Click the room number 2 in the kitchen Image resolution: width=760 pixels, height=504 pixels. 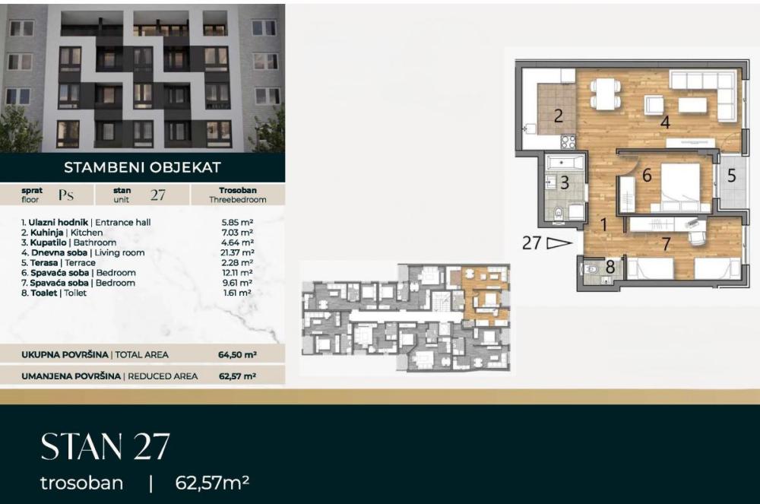click(558, 116)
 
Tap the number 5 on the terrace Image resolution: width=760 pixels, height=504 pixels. click(731, 176)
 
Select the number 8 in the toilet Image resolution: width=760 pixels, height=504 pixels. click(610, 268)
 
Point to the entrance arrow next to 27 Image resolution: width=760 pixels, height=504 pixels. click(559, 243)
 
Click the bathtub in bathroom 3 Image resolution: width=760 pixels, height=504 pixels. click(564, 162)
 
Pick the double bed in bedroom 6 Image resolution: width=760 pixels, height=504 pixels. click(679, 186)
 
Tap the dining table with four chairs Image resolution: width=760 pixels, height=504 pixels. click(605, 94)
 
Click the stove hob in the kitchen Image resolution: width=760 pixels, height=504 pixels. click(568, 141)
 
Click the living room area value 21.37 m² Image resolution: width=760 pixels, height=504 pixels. click(236, 252)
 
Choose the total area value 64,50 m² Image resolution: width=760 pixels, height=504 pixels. click(236, 354)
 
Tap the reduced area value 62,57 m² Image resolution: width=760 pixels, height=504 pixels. click(236, 376)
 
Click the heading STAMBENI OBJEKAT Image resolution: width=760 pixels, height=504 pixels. click(142, 167)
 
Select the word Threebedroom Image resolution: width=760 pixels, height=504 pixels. click(237, 199)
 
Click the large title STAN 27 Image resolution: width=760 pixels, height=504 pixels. click(105, 447)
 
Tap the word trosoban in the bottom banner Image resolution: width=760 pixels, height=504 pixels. click(81, 483)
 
